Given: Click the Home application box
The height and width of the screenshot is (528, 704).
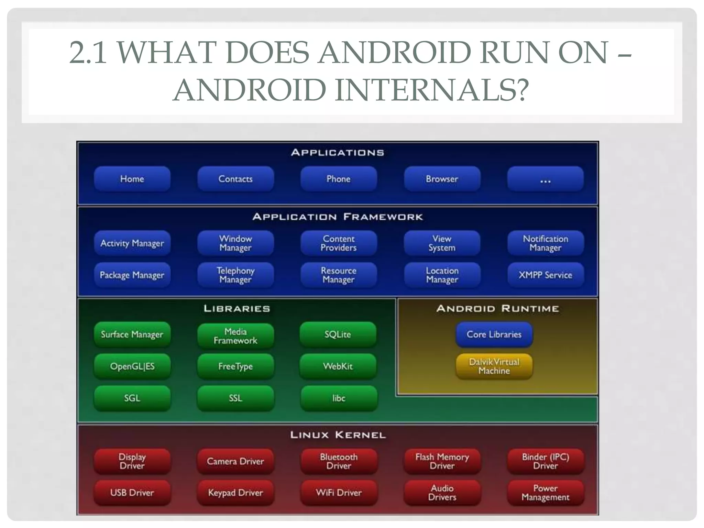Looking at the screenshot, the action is coord(132,179).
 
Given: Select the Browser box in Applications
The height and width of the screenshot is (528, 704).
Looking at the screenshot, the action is coord(442,179).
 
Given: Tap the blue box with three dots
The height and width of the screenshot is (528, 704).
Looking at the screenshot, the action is coord(545,179).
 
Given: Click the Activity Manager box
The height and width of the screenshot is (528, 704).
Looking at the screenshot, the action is coord(132,243).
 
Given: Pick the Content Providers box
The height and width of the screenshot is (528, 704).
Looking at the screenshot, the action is coord(339,243).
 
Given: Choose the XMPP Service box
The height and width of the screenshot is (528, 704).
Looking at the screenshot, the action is coord(545,275).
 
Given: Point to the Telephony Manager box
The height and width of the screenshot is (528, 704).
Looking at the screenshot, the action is coord(235,275).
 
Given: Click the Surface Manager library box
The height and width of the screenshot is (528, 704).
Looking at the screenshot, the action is coord(132,334).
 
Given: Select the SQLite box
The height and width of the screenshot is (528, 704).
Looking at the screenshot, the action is coord(338,334).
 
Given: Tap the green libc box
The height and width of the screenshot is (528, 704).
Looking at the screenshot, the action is coord(339,398).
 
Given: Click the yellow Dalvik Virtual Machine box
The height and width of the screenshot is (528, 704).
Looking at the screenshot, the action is coord(494,366).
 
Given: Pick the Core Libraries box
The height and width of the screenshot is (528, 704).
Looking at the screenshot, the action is coord(494,334).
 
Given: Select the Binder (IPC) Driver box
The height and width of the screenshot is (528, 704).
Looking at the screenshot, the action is coord(545,461).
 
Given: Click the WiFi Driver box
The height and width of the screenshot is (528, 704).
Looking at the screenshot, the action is coord(339,493).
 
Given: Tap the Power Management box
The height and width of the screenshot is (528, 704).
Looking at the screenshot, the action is coord(545,493).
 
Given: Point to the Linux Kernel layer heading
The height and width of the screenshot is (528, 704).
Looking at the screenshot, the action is coord(338,435).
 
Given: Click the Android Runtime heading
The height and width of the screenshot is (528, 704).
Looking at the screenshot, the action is coord(497,308).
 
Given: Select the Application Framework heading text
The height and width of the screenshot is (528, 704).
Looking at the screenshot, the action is coord(338,217).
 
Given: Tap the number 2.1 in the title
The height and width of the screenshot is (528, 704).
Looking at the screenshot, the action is coord(88,53).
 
